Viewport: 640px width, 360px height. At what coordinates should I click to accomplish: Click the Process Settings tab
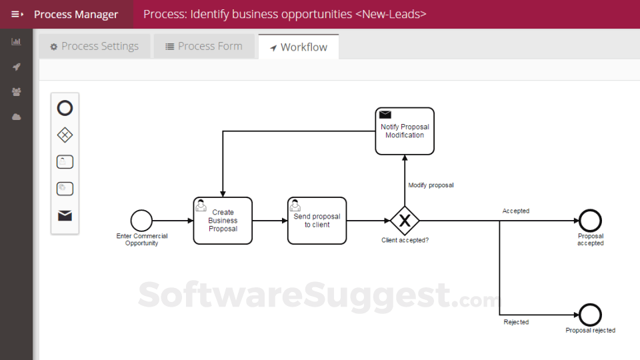pos(94,47)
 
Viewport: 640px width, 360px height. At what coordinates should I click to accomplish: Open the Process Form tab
pos(203,47)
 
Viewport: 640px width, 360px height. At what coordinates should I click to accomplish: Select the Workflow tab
pos(298,47)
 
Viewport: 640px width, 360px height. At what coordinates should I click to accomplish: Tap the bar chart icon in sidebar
pos(16,42)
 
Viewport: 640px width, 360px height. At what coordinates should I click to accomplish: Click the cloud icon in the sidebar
pos(16,117)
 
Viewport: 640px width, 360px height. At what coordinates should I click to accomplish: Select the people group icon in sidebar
pos(16,92)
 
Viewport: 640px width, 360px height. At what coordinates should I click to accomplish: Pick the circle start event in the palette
pos(65,108)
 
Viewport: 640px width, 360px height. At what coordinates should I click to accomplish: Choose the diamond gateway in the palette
pos(65,135)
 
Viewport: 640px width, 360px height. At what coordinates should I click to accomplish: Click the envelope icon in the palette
pos(65,215)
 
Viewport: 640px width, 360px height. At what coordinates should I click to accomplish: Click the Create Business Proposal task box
pos(223,221)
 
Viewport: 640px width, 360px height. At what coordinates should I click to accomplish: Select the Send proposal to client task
pos(317,221)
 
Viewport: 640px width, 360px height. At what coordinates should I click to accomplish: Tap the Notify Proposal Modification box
pos(404,131)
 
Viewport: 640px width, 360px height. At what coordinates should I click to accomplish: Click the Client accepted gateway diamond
pos(404,221)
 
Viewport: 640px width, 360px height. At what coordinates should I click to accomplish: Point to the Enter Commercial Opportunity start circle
pos(141,221)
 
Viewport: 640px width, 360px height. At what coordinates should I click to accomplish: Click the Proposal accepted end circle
pos(590,221)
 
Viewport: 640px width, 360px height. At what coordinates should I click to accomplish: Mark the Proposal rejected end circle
pos(590,315)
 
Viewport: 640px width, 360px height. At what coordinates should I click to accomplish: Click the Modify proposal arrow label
pos(431,185)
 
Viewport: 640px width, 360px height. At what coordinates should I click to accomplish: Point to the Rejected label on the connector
pos(516,322)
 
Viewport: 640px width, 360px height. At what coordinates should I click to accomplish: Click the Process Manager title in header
pos(76,14)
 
